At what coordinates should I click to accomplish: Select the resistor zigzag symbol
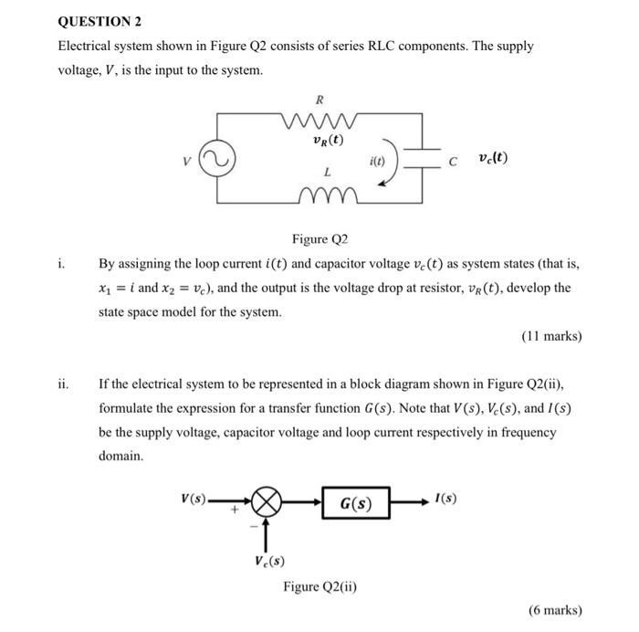point(319,117)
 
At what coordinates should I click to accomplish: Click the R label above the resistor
point(319,98)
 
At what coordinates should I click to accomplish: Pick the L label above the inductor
point(326,174)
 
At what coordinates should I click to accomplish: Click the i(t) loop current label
point(377,159)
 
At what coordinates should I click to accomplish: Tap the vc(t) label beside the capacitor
point(493,158)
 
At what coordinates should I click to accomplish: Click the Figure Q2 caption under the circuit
point(320,240)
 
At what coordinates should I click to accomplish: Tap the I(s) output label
point(446,499)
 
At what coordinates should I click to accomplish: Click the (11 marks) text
point(550,336)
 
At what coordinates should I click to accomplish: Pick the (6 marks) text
point(554,610)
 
